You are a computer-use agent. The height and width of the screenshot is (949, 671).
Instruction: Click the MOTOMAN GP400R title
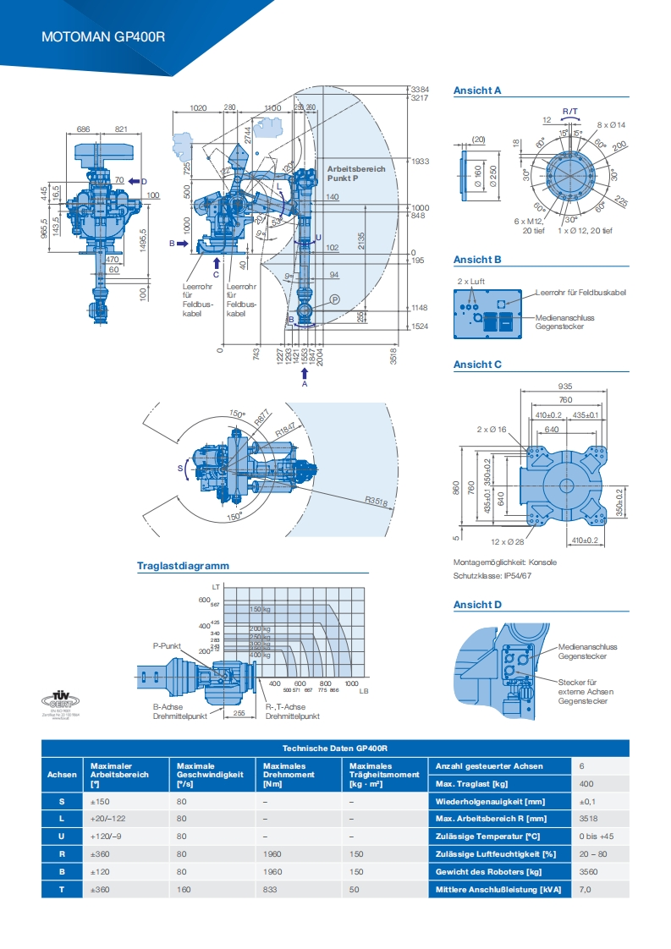[103, 37]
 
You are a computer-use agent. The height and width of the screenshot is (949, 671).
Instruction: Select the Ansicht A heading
[477, 90]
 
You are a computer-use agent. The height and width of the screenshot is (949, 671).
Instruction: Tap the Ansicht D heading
[477, 605]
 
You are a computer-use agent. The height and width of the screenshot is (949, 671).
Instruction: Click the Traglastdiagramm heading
[183, 566]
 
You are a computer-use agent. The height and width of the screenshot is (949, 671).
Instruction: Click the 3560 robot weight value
[586, 872]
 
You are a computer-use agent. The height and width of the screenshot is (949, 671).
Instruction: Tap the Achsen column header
[62, 773]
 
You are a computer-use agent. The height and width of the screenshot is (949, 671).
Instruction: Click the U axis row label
[62, 836]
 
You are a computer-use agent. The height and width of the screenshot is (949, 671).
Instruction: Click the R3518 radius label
[376, 502]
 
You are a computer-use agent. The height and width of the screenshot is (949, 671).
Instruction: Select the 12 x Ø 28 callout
[508, 541]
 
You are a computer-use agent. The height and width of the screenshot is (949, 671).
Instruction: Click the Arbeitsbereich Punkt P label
[355, 173]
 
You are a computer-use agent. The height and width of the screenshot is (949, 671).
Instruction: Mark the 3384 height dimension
[420, 89]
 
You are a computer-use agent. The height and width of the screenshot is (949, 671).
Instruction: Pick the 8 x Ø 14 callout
[611, 124]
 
